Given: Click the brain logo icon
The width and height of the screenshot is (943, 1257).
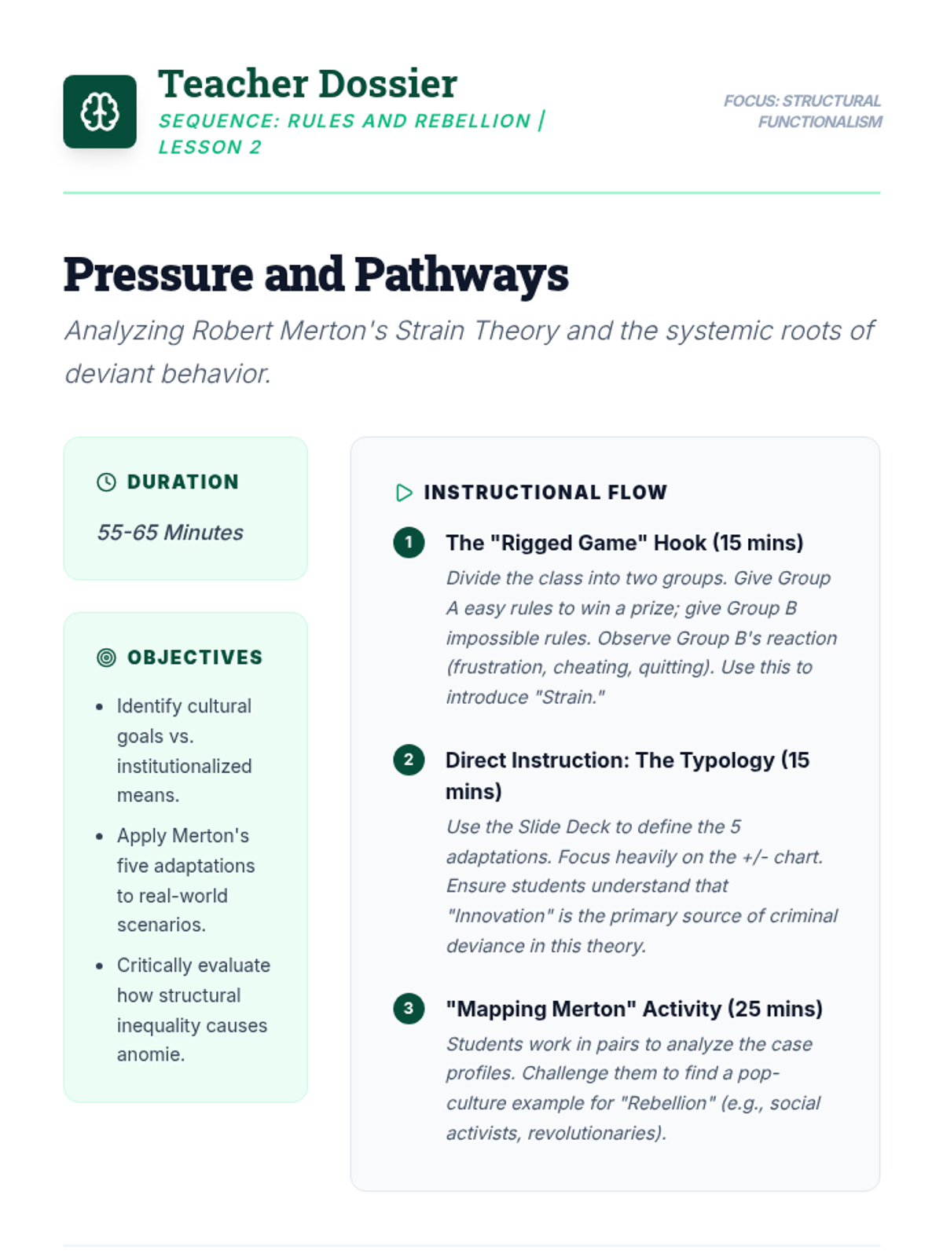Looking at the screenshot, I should click(100, 112).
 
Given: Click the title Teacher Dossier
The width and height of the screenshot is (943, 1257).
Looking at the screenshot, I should click(307, 84).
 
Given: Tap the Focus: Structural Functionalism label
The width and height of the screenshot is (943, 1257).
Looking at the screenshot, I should click(802, 112).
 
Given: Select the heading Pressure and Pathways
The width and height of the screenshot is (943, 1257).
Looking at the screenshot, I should click(316, 274).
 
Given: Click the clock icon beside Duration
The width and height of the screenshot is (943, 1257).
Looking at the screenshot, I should click(106, 482).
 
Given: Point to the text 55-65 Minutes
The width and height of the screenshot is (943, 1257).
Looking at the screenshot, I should click(170, 533).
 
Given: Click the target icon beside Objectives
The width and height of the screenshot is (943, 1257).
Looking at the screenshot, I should click(106, 658).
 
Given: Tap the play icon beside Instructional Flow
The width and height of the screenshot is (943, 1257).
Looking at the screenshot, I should click(404, 493).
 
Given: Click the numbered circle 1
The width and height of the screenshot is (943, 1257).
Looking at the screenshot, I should click(409, 542).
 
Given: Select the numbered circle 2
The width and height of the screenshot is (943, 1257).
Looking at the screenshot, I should click(409, 760).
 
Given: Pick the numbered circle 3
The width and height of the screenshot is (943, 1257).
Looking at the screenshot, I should click(409, 1008).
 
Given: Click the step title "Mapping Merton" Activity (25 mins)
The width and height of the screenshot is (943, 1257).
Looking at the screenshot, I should click(633, 1009).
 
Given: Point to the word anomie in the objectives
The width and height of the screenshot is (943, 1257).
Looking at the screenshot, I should click(149, 1054).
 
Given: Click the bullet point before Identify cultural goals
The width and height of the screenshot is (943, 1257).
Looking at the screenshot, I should click(99, 707).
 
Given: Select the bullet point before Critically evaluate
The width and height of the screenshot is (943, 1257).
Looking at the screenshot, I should click(99, 966).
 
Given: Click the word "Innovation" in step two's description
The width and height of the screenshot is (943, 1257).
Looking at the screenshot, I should click(500, 916).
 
